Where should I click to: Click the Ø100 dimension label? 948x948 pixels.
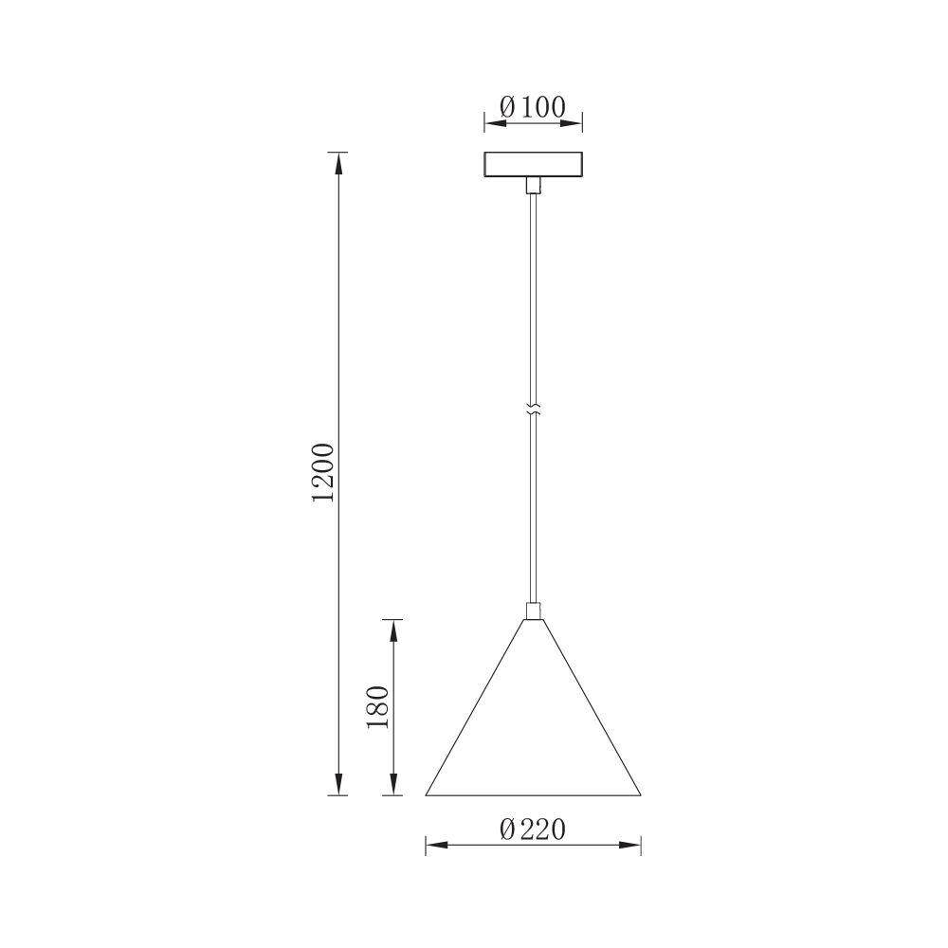[532, 107]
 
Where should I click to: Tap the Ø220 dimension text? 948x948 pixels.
[532, 829]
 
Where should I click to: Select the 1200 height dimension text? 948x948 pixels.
[323, 472]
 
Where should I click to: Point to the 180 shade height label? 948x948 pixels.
[377, 706]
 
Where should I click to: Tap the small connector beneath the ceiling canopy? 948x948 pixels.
[533, 185]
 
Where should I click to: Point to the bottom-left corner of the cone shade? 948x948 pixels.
[427, 794]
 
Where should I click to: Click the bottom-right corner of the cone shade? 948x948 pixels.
[640, 794]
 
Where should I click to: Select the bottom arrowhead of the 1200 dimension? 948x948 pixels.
[336, 785]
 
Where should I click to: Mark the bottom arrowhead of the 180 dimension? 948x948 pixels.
[392, 785]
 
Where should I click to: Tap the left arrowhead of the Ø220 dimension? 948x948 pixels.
[434, 844]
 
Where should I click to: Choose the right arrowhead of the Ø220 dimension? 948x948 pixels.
[632, 844]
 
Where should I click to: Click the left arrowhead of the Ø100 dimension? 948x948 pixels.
[492, 121]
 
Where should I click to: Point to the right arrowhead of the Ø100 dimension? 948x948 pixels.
[574, 121]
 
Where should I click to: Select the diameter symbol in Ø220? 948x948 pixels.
[507, 829]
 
